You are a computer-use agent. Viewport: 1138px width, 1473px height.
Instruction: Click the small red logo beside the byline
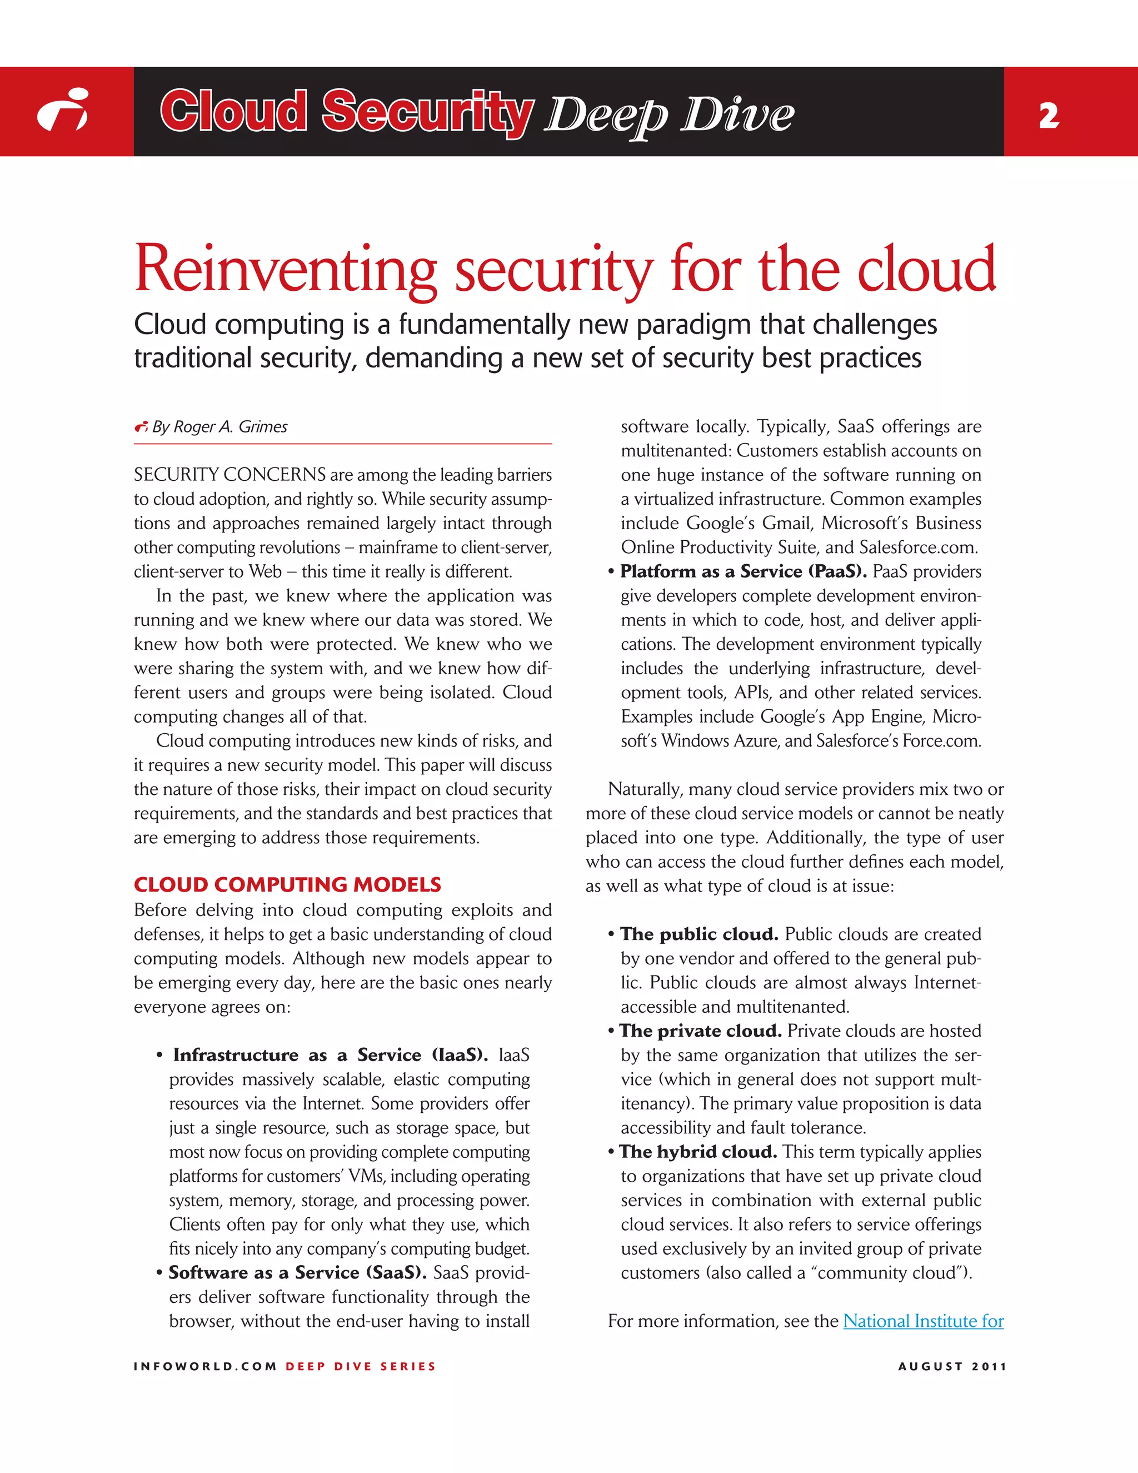coord(141,427)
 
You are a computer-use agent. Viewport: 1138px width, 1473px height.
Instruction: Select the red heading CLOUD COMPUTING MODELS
coord(287,884)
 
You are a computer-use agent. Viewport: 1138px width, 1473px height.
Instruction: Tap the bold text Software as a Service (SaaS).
coord(297,1273)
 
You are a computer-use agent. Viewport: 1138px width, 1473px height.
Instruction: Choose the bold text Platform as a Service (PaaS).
coord(743,572)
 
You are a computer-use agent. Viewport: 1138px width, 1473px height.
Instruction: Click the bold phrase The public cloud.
coord(699,934)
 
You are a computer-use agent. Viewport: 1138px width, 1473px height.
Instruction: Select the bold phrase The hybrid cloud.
coord(698,1152)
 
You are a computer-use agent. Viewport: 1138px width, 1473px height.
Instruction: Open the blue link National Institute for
coord(923,1321)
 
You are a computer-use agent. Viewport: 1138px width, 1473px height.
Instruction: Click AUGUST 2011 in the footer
coord(952,1366)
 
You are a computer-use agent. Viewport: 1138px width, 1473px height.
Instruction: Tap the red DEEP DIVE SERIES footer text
coord(361,1366)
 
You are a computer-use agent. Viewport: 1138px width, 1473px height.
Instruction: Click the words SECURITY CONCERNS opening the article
coord(230,475)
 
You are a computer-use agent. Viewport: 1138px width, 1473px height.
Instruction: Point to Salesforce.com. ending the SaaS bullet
coord(918,548)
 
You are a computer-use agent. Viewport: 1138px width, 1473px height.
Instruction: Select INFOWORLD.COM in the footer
coord(205,1366)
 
